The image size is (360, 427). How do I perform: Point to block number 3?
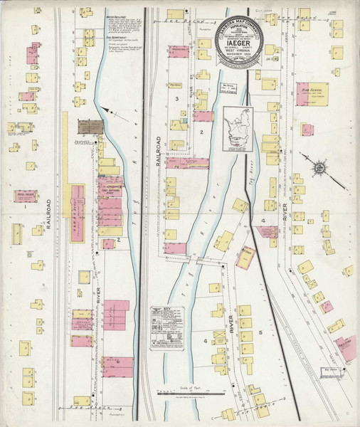click(176, 98)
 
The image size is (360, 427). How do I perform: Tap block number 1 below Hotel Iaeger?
click(26, 209)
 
